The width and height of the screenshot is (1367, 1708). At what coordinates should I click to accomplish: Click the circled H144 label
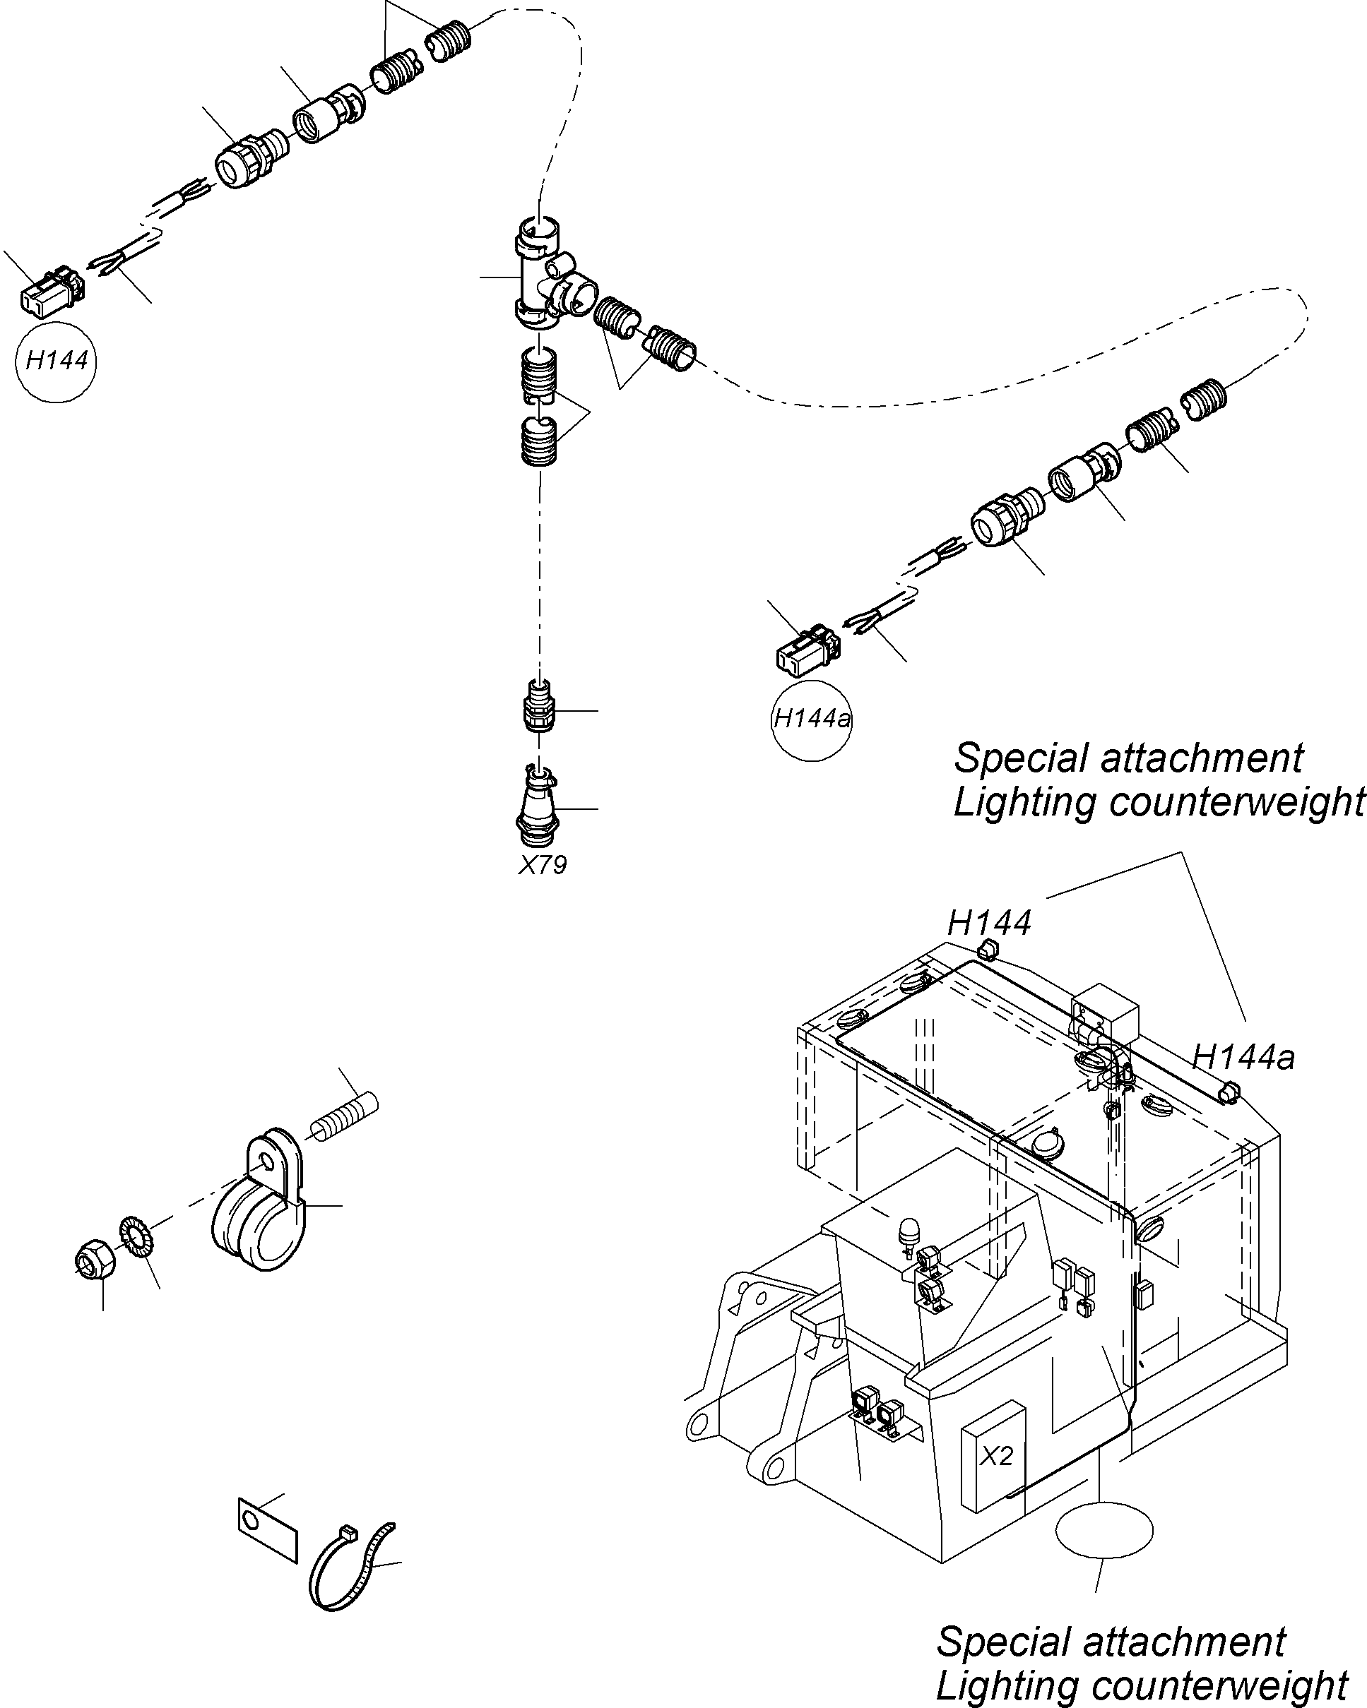[56, 362]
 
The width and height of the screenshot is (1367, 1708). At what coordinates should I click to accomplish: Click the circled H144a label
[812, 719]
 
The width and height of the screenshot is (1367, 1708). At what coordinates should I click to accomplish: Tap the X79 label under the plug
[542, 864]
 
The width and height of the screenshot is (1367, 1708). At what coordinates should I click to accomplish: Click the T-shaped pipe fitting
[547, 277]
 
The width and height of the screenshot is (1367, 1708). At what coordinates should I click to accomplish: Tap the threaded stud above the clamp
[344, 1117]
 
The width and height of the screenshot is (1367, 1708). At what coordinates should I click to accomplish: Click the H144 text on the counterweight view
[989, 923]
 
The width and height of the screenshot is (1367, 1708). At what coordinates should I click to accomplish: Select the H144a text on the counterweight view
[1243, 1058]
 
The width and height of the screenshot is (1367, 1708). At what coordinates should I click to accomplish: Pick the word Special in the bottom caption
[1000, 1642]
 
